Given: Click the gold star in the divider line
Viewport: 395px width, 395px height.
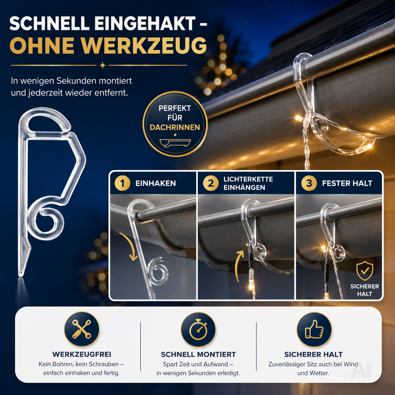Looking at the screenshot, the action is [102, 66].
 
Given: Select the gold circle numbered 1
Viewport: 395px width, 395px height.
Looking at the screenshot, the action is [122, 183].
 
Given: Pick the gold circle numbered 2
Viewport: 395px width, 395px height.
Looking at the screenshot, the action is [211, 183].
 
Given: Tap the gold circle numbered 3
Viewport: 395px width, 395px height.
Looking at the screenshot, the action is [309, 183].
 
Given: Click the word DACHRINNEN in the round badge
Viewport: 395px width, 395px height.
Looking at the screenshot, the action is [175, 127].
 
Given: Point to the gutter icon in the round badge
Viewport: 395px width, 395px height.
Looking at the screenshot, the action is [175, 143].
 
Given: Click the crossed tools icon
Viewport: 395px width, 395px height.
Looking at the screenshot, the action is [82, 329].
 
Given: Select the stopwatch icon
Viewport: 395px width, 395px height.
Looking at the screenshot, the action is [198, 329].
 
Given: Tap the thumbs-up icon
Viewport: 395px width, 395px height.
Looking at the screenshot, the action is [314, 329].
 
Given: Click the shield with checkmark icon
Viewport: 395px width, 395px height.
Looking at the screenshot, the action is [365, 271].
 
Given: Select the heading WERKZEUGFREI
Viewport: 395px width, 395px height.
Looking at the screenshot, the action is [82, 354].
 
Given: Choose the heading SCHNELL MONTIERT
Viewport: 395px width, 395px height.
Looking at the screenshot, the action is [198, 354].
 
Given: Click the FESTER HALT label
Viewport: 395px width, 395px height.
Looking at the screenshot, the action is [347, 183].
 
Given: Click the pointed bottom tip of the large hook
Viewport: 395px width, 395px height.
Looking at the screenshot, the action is [20, 275].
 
